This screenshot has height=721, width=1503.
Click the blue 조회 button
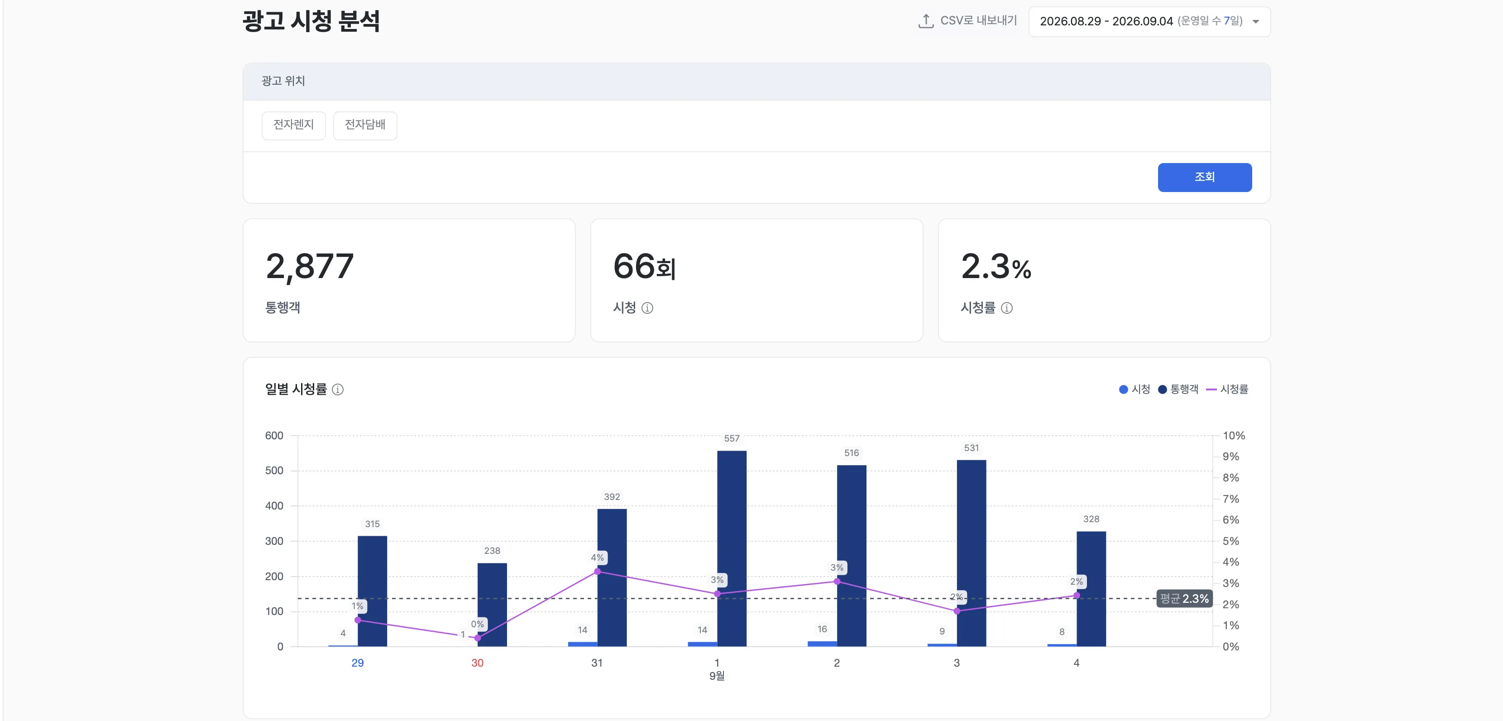click(1204, 177)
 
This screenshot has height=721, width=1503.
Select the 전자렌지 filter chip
click(293, 125)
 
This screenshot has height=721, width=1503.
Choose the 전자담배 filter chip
click(365, 125)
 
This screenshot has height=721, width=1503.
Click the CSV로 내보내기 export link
click(967, 21)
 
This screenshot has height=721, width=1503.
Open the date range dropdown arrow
click(1256, 22)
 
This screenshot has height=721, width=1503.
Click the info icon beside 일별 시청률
click(338, 389)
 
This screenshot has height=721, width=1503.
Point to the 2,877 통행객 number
click(310, 266)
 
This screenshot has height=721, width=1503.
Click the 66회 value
click(644, 266)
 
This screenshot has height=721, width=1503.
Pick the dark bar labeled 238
click(492, 604)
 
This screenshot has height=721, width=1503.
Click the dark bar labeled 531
click(972, 553)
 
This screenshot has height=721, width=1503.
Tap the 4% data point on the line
click(597, 572)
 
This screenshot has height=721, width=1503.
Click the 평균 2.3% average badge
click(1184, 598)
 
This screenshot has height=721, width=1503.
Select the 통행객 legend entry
click(1178, 389)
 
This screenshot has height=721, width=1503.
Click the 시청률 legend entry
click(1227, 389)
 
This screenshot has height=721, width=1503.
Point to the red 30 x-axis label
click(477, 663)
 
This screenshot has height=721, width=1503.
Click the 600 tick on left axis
click(274, 436)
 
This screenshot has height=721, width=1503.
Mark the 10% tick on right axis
click(1234, 436)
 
